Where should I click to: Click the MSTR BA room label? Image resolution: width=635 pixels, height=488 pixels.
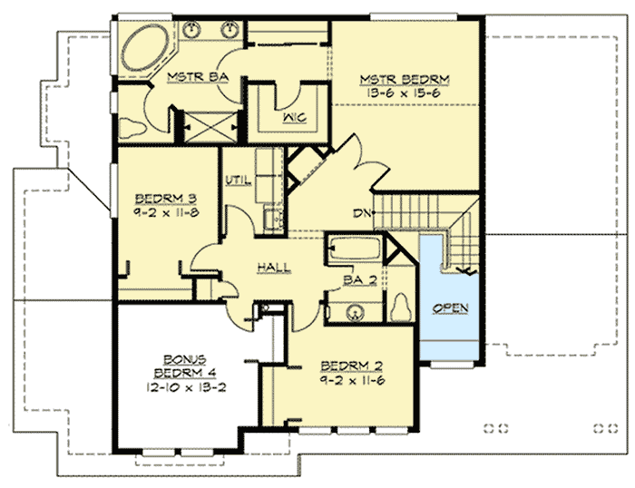tap(189, 79)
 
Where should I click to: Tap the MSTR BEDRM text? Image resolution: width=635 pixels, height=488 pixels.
tap(404, 78)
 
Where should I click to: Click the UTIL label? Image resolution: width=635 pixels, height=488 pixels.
tap(238, 179)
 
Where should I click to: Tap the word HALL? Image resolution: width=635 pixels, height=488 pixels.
tap(273, 268)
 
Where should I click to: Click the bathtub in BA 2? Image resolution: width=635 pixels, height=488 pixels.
tap(355, 249)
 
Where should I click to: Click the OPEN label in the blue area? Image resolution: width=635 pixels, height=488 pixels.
tap(450, 307)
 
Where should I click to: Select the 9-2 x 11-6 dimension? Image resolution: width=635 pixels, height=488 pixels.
tap(354, 382)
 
